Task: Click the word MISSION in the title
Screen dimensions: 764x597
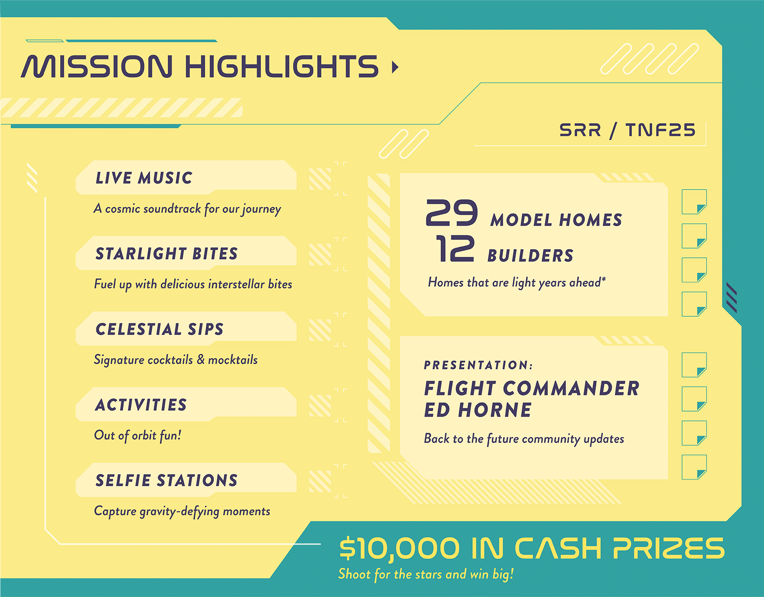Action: click(x=97, y=66)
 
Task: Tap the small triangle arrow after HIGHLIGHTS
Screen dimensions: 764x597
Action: click(x=395, y=67)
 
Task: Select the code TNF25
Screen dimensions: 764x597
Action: click(x=660, y=130)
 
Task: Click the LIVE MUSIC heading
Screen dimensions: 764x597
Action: click(x=144, y=178)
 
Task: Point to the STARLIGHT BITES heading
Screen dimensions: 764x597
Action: click(x=167, y=253)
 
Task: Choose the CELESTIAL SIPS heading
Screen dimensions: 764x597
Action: click(x=159, y=329)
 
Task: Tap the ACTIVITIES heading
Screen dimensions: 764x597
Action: click(x=141, y=405)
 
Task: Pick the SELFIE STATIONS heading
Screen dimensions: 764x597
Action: click(x=167, y=480)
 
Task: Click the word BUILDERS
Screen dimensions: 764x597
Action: click(x=530, y=255)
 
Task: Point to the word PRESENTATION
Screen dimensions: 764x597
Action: click(x=476, y=365)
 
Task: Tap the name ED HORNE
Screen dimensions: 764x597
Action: click(x=478, y=410)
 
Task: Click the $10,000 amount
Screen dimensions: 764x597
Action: click(x=399, y=548)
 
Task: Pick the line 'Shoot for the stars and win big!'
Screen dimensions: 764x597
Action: click(x=426, y=574)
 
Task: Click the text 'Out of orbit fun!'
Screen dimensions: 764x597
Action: click(x=137, y=435)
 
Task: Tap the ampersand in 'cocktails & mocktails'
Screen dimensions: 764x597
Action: click(x=201, y=359)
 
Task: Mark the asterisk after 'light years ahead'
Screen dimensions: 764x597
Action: click(x=604, y=278)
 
